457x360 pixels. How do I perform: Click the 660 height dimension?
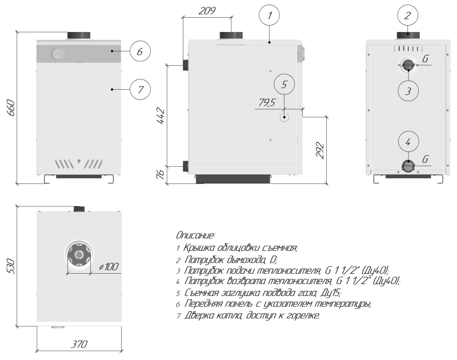pyautogui.click(x=10, y=107)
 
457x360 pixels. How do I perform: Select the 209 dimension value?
pyautogui.click(x=207, y=11)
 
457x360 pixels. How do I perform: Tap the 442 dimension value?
pyautogui.click(x=161, y=116)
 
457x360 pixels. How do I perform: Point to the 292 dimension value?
pyautogui.click(x=320, y=150)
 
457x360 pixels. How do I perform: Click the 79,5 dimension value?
pyautogui.click(x=267, y=102)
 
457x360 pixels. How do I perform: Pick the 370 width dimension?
pyautogui.click(x=79, y=344)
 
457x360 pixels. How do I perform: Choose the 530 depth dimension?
pyautogui.click(x=10, y=266)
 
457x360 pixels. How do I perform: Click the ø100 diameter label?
pyautogui.click(x=109, y=266)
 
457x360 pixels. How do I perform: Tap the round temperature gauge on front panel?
pyautogui.click(x=58, y=54)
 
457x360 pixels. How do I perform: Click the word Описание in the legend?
pyautogui.click(x=195, y=235)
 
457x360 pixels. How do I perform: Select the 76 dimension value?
pyautogui.click(x=161, y=174)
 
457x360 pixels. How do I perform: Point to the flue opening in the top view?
pyautogui.click(x=79, y=255)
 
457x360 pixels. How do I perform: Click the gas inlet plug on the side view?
pyautogui.click(x=284, y=118)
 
